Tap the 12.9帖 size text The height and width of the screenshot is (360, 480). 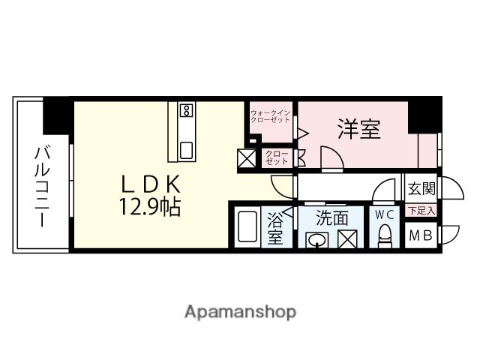(148, 208)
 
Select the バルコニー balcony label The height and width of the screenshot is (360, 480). (40, 187)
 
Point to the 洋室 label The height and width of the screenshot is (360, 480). (358, 129)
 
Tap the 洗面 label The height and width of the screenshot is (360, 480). (331, 218)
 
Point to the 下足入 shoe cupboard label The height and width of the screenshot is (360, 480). (420, 211)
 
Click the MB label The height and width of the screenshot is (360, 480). (418, 235)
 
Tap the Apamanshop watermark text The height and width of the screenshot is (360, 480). (240, 311)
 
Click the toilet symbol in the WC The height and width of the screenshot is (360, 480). (384, 238)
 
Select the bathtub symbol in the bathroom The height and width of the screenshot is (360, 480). (247, 228)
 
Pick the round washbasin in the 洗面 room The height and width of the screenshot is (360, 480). (317, 241)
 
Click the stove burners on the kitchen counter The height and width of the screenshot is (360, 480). (185, 112)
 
